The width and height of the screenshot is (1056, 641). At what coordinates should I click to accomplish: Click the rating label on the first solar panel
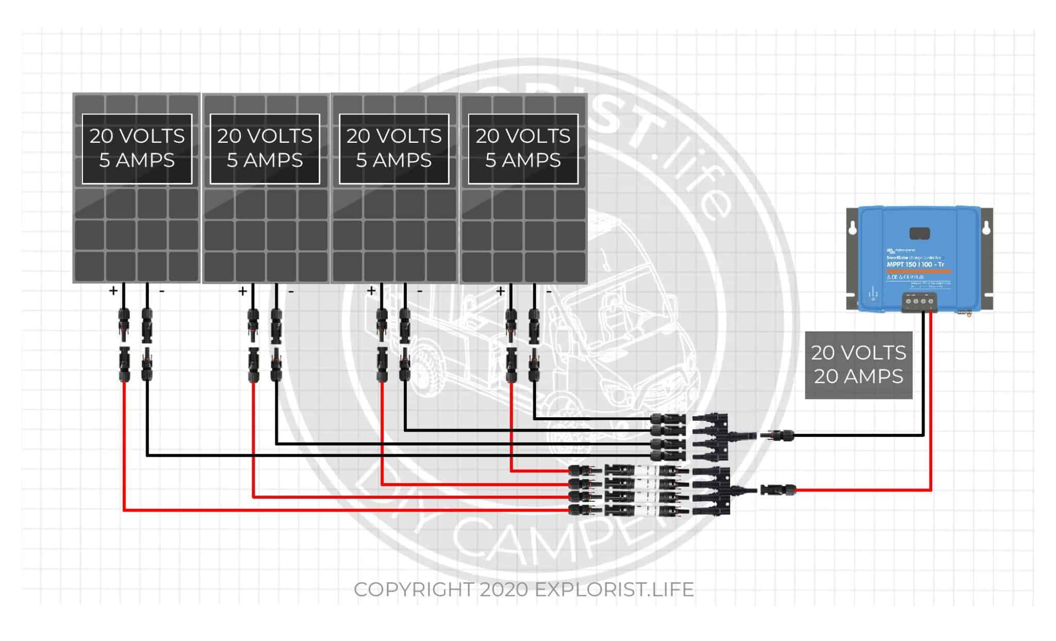coord(137,149)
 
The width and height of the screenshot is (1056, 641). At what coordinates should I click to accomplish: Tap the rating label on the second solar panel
coord(265,149)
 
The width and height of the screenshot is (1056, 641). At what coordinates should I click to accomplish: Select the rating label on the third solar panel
coord(393,149)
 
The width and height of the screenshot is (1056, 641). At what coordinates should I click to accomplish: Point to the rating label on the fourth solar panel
coord(523,149)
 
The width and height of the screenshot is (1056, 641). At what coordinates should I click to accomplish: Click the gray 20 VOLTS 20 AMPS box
coord(859,365)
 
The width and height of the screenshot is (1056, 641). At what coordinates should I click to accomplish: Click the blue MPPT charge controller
coord(919,258)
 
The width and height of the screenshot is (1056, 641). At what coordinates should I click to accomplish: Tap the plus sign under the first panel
coord(113,291)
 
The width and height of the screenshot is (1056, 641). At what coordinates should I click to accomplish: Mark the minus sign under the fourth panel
coord(549,291)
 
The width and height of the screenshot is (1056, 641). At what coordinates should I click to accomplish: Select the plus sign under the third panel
coord(371,291)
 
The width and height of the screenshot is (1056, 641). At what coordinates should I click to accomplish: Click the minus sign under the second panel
coord(291,291)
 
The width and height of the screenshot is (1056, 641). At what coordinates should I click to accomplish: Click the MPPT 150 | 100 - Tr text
coord(915,265)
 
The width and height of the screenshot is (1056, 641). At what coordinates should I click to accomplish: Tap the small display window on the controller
coord(919,233)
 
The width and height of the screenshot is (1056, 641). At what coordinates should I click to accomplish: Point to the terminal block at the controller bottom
coord(919,302)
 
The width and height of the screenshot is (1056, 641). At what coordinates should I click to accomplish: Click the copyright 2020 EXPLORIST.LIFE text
coord(523,589)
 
